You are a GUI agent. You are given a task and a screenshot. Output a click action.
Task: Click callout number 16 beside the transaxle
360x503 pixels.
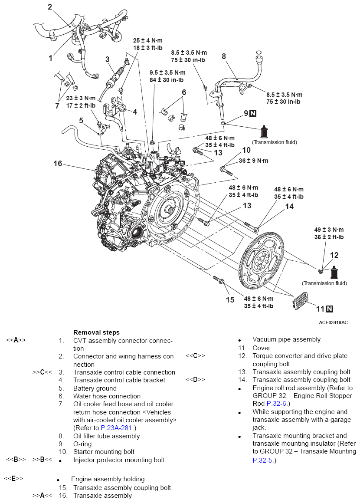point(58,164)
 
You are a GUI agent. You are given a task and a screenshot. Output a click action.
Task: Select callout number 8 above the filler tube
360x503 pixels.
point(224,56)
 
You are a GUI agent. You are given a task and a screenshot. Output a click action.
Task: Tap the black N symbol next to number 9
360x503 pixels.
point(253,113)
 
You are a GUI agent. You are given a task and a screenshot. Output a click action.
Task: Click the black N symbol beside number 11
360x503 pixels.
point(330,309)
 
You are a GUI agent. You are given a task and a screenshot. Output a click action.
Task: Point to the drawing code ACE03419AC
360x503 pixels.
point(333,322)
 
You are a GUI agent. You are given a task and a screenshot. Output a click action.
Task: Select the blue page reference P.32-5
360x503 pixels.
point(262,460)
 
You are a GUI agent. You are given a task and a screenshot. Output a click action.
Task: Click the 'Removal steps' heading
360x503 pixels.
point(96,332)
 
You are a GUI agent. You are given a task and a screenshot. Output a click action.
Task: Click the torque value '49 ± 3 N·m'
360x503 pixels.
point(328,230)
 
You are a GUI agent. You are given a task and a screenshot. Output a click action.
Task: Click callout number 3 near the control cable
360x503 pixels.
point(107,59)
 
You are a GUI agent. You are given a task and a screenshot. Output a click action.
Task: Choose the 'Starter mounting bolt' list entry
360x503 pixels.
point(104,452)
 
